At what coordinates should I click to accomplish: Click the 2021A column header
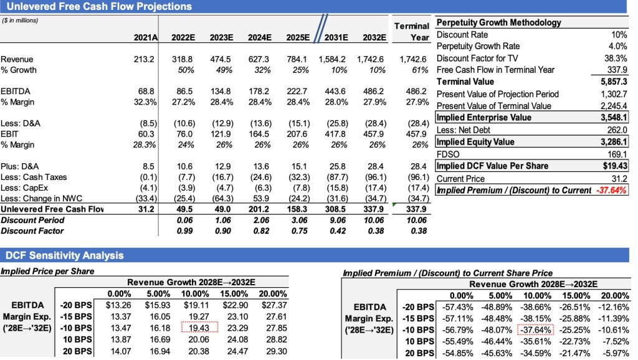click(146, 37)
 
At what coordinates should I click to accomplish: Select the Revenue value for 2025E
click(298, 59)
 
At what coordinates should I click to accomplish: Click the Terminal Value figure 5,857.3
click(613, 82)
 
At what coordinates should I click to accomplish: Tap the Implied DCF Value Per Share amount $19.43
click(614, 166)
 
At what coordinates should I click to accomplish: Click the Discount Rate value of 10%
click(619, 35)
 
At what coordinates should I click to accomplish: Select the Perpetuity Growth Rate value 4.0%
click(617, 47)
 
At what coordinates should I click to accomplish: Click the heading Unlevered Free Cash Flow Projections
click(98, 7)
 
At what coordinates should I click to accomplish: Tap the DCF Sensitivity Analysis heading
click(65, 255)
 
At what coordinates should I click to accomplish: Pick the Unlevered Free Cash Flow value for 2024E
click(260, 209)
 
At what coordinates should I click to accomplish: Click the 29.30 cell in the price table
click(274, 351)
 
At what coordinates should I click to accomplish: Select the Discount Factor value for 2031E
click(336, 231)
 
